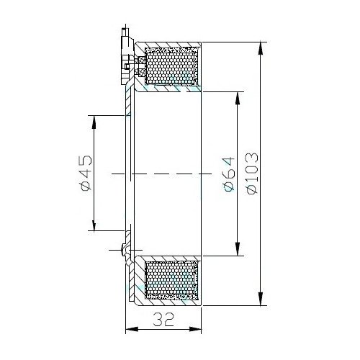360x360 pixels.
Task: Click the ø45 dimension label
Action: point(86,173)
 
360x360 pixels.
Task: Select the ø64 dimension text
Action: point(228,174)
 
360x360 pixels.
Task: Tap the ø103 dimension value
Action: point(252,174)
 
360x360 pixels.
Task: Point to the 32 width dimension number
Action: point(163,320)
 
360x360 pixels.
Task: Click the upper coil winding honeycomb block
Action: point(170,66)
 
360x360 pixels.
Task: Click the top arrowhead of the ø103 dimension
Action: point(261,48)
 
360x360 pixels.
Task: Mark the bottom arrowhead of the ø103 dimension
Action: point(261,299)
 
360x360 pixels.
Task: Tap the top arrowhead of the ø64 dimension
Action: point(238,98)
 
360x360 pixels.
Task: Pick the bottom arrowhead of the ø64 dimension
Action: point(238,249)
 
